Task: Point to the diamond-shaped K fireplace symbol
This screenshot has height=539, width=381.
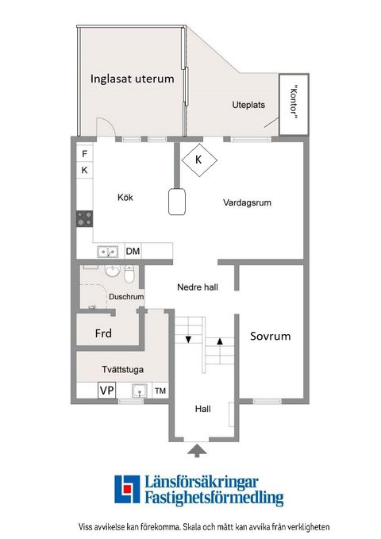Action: click(x=198, y=159)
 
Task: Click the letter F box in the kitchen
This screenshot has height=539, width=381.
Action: click(x=85, y=152)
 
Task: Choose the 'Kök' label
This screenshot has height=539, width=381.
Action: click(x=125, y=198)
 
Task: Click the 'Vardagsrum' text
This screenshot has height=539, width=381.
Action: click(x=247, y=202)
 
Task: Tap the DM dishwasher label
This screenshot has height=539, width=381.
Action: click(x=133, y=252)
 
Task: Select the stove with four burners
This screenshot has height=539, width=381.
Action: click(x=84, y=218)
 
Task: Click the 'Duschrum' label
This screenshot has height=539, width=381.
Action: click(x=126, y=298)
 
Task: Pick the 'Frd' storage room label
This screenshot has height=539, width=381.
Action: click(x=103, y=333)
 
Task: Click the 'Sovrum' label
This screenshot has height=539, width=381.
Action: click(x=270, y=336)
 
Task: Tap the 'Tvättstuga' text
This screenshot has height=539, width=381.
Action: click(x=122, y=368)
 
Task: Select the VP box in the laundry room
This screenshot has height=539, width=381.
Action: click(x=106, y=390)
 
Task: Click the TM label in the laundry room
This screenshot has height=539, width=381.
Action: click(x=160, y=391)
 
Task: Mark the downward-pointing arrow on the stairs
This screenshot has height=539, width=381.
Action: click(x=188, y=340)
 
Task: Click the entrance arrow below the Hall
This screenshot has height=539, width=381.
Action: click(x=197, y=451)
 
